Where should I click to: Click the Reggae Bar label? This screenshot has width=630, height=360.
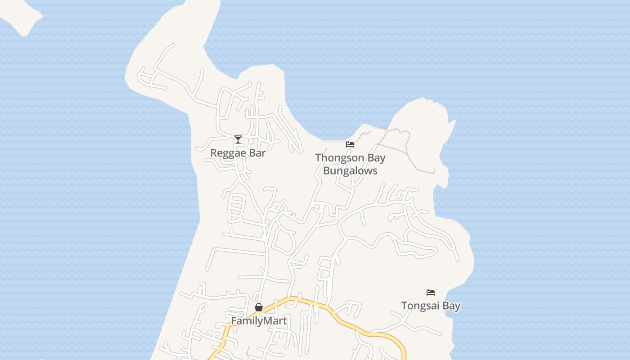[x=238, y=153]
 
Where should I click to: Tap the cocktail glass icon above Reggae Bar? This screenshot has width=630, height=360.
[x=238, y=139]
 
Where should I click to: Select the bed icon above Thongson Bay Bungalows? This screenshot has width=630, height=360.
[x=350, y=144]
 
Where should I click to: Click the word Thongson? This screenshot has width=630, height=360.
[x=338, y=158]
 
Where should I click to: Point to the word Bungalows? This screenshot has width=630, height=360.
[x=350, y=171]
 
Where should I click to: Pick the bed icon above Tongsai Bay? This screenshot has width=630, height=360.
[x=431, y=292]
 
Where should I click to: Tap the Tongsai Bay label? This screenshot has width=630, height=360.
[x=431, y=306]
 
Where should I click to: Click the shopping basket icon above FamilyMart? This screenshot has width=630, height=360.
[x=259, y=308]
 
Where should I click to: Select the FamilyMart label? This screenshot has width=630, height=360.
[x=259, y=321]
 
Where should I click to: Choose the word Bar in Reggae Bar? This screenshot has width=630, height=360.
[x=258, y=153]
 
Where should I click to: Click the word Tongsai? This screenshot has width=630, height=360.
[x=420, y=306]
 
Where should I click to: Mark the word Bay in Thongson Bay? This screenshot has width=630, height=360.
[x=375, y=158]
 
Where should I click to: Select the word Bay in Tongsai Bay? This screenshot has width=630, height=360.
[x=451, y=306]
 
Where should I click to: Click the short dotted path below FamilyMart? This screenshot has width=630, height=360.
[x=247, y=350]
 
